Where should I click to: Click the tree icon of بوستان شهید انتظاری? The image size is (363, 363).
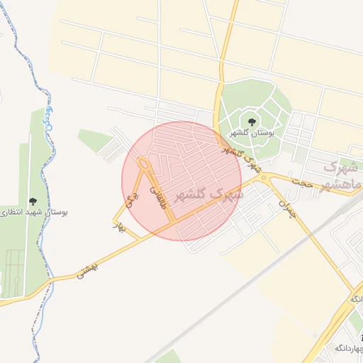click(x=33, y=202)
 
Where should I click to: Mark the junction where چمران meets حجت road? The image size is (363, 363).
click(x=267, y=178)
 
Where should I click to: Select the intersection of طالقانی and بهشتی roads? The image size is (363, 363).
click(x=172, y=226)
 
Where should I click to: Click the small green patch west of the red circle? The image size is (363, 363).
click(x=95, y=139)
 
